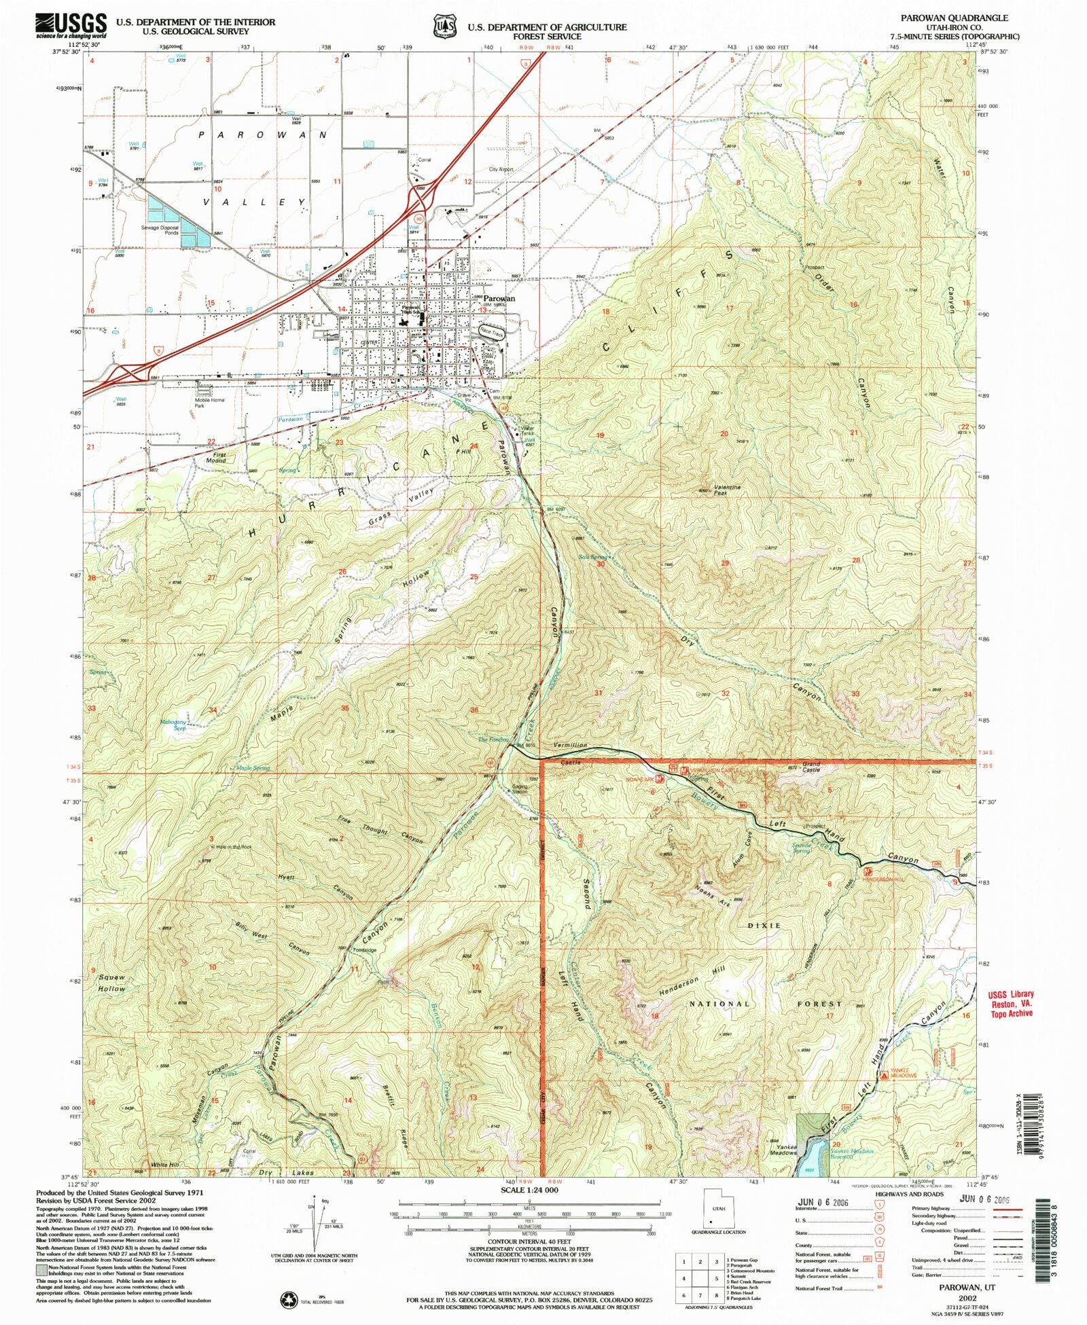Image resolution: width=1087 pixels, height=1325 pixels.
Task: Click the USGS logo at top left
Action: tap(71, 26)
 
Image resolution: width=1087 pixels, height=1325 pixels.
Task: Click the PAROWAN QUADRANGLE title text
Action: tap(963, 18)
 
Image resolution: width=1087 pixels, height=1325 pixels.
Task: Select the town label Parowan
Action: tap(499, 298)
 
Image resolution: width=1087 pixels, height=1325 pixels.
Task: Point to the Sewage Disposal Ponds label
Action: tap(160, 230)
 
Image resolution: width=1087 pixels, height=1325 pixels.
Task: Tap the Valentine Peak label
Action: tap(727, 490)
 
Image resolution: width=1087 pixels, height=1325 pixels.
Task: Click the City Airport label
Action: tap(501, 169)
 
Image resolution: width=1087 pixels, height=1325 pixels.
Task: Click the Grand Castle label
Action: tap(811, 767)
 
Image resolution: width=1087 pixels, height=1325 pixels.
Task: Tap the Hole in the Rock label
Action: tap(233, 847)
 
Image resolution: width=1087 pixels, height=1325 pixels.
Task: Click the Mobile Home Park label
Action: tap(209, 403)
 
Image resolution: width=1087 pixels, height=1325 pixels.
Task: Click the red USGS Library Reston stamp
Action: tap(1010, 1003)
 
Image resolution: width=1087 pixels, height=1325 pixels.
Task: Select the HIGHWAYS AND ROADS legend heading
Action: tap(909, 1193)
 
